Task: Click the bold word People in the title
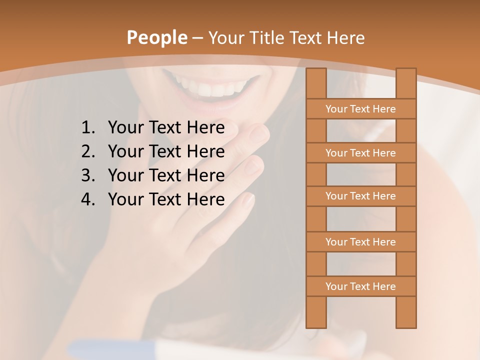click(x=156, y=37)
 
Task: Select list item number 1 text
click(x=166, y=128)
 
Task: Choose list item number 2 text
click(x=166, y=151)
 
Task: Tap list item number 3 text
click(x=166, y=175)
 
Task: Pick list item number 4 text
click(x=166, y=199)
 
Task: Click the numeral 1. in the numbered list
click(x=88, y=128)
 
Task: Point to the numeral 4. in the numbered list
click(x=88, y=199)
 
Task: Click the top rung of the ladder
click(x=360, y=109)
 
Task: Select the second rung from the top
click(x=360, y=153)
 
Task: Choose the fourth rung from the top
click(x=360, y=242)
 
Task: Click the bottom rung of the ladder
click(x=360, y=286)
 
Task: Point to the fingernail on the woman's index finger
click(x=259, y=132)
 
